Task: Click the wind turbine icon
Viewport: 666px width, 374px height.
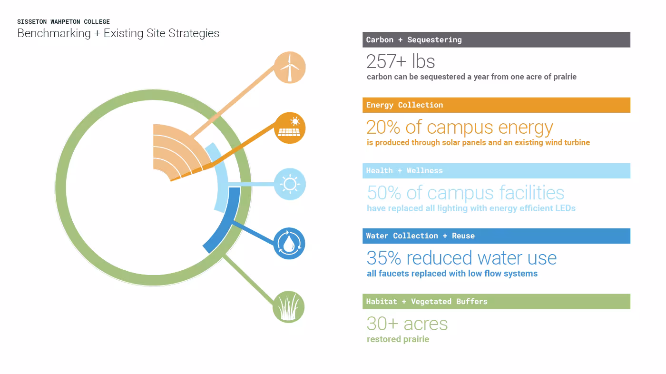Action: click(290, 67)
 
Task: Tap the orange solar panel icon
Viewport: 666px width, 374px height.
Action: click(290, 128)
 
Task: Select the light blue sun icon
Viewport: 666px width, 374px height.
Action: click(290, 184)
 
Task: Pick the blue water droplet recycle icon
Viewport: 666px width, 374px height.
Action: click(289, 244)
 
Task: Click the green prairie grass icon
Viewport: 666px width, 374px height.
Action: click(289, 307)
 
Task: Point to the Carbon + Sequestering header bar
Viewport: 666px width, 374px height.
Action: click(496, 40)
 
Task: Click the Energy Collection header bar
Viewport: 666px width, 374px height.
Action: click(496, 105)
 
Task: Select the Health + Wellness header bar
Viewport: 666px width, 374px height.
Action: click(496, 171)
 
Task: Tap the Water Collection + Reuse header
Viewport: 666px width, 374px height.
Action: click(496, 236)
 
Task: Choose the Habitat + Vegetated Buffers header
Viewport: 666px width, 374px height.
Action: click(496, 302)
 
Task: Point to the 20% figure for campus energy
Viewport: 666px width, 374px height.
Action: click(383, 128)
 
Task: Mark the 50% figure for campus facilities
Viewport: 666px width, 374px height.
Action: click(384, 193)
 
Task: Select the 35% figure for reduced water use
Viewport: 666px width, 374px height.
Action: click(384, 258)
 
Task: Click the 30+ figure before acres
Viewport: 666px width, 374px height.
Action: click(382, 324)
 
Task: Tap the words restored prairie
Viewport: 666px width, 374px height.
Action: click(398, 339)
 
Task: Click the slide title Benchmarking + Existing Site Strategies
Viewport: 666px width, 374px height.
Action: click(118, 33)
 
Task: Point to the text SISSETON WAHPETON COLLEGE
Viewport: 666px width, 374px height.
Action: click(63, 22)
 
